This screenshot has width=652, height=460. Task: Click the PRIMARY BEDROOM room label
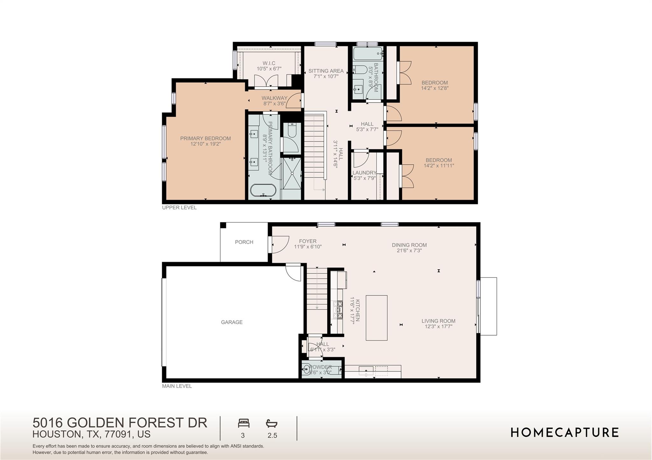205,138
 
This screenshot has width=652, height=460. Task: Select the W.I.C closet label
269,63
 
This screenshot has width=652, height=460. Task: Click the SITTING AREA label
326,71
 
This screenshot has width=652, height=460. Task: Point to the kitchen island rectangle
376,318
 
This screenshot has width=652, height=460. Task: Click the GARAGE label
232,322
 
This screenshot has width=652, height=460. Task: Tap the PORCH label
244,242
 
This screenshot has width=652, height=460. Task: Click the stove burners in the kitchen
338,310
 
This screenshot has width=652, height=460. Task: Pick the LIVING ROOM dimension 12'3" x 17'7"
438,326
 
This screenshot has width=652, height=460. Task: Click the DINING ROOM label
409,245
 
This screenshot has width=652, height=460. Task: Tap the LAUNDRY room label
364,173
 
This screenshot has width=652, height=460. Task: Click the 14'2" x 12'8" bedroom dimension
435,88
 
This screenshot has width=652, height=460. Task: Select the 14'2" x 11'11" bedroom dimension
439,166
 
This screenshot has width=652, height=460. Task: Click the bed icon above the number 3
244,423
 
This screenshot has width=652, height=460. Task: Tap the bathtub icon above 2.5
272,423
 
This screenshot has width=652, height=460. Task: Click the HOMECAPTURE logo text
564,433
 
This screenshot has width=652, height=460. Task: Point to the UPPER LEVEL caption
179,208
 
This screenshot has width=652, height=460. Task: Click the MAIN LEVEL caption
177,386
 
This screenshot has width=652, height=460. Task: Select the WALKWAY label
274,98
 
